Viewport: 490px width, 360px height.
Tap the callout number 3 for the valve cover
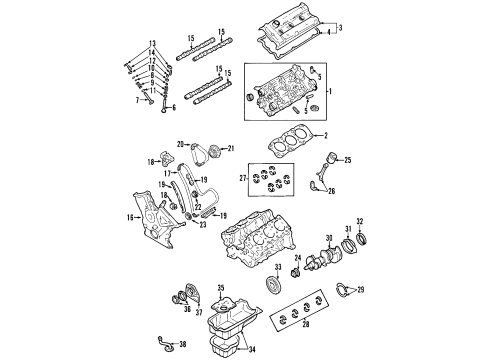tap(339, 27)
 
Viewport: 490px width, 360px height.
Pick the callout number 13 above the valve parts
tap(153, 43)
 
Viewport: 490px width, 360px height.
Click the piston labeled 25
tap(326, 160)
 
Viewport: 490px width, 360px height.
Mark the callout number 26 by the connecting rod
tap(332, 192)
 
